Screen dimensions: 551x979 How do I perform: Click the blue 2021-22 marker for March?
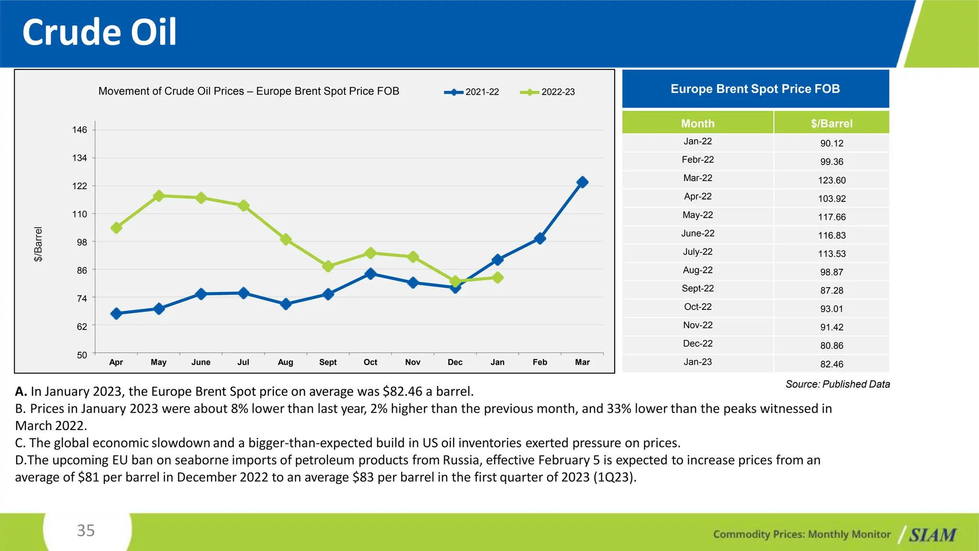[582, 182]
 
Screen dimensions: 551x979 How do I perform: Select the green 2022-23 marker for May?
[159, 196]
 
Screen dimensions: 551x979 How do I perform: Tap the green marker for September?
[328, 266]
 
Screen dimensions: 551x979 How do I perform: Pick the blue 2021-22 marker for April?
[116, 314]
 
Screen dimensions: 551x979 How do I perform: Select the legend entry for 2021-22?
[472, 92]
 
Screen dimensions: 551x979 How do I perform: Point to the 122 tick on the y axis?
[80, 186]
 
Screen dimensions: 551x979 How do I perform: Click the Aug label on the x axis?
[285, 362]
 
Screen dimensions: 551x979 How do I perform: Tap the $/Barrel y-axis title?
[38, 244]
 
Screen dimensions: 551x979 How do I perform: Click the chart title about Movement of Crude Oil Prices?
[249, 91]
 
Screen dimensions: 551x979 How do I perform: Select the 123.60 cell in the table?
[832, 180]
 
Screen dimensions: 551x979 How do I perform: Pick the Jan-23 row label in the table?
[697, 362]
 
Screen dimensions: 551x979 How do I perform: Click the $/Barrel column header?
[831, 123]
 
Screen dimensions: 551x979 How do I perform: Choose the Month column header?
[697, 123]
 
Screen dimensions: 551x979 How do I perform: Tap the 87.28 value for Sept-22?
[832, 290]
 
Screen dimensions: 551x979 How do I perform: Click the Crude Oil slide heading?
[99, 33]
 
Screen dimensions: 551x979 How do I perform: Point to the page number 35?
[86, 530]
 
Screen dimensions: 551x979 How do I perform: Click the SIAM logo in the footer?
[932, 535]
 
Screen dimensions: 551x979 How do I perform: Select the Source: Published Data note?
[838, 384]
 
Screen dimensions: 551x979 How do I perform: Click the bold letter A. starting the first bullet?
[21, 392]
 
